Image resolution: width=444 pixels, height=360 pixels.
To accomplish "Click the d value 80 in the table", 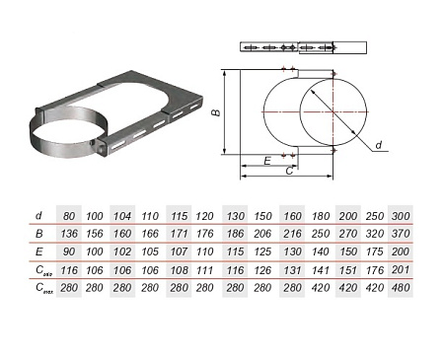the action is pos(69,216).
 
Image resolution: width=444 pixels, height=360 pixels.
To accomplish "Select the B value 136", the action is pos(69,234).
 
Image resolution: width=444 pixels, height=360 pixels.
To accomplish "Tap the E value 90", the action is pos(69,252).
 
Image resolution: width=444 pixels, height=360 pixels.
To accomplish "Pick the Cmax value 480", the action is pos(401,288).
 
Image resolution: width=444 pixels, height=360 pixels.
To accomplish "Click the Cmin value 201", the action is pos(401,270).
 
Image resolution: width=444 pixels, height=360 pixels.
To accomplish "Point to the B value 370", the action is pos(401,234).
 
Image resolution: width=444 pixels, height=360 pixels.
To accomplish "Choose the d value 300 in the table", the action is pos(401,216).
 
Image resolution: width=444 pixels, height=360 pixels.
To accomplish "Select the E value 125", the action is pos(262,252).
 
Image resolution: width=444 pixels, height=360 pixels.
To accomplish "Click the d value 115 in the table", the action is pos(179,216).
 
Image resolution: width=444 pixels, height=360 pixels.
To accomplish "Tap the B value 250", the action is pos(321,234).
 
